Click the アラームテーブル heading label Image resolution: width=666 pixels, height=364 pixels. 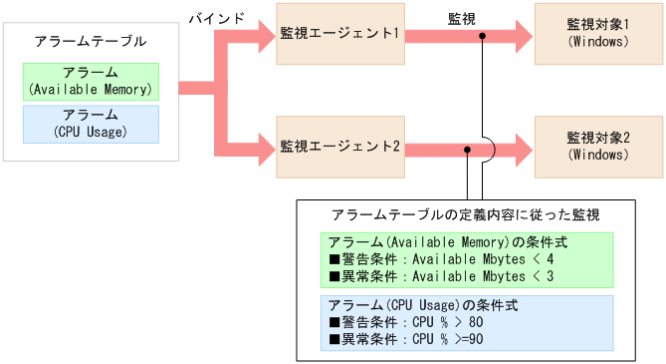[x=90, y=42]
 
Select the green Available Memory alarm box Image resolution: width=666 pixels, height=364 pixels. [x=91, y=82]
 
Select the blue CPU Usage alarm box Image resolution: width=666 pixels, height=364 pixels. [x=91, y=123]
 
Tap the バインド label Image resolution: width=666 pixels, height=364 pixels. [x=217, y=18]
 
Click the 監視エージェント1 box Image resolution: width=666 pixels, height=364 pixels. [x=339, y=34]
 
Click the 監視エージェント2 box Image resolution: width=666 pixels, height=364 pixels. [x=339, y=147]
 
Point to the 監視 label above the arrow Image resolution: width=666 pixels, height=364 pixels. [x=462, y=18]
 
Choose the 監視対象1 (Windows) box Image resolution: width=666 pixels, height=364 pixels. [x=598, y=34]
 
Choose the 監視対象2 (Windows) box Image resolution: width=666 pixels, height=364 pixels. [x=598, y=147]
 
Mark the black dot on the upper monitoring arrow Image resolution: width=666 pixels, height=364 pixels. [x=483, y=36]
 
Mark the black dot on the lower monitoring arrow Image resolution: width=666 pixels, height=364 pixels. [x=467, y=149]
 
